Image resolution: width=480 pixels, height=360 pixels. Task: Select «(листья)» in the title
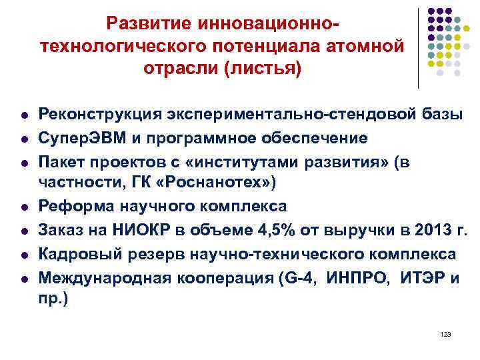tap(264, 69)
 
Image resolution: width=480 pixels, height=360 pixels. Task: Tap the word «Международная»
tap(100, 277)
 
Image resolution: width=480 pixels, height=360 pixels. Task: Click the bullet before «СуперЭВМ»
tap(25, 139)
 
